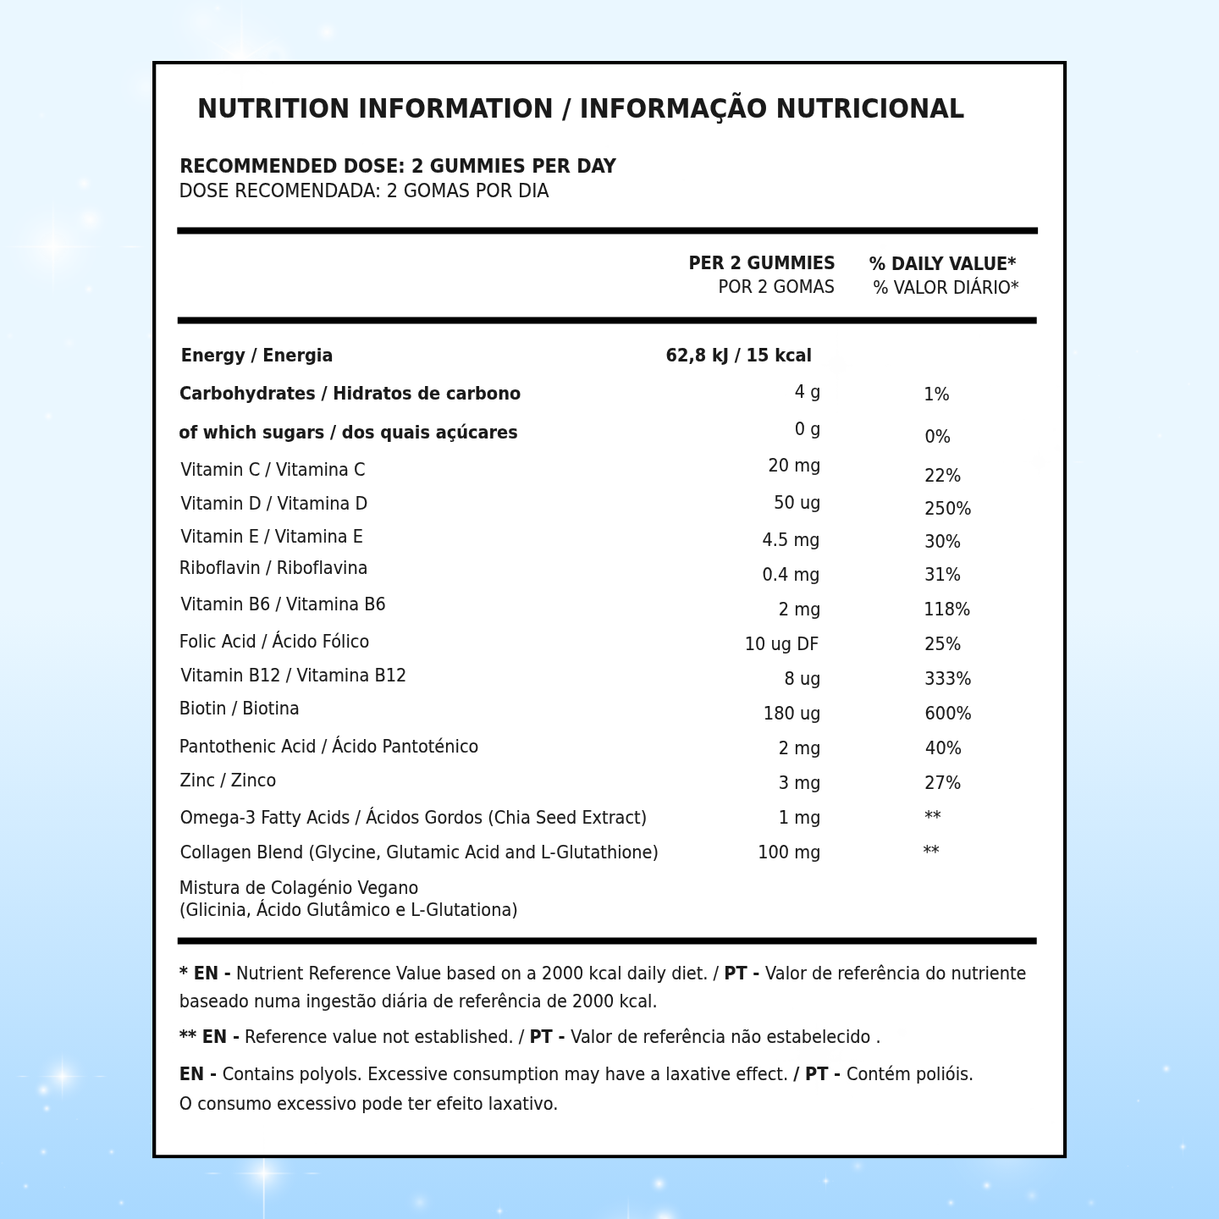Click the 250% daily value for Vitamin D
(947, 509)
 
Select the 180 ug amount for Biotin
(792, 714)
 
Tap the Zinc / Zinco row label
(228, 780)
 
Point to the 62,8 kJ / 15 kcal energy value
(738, 356)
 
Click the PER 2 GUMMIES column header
(761, 263)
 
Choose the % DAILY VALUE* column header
(942, 264)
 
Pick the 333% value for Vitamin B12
(947, 679)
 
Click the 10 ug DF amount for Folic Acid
(781, 644)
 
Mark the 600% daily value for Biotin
(947, 714)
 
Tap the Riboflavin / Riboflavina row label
(273, 568)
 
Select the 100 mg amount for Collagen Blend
(788, 852)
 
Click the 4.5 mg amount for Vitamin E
(791, 540)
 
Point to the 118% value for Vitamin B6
(946, 609)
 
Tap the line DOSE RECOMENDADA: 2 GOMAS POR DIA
(364, 191)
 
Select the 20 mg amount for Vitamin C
(794, 466)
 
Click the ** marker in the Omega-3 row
(932, 817)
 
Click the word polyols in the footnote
(334, 1074)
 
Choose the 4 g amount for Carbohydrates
(807, 392)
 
